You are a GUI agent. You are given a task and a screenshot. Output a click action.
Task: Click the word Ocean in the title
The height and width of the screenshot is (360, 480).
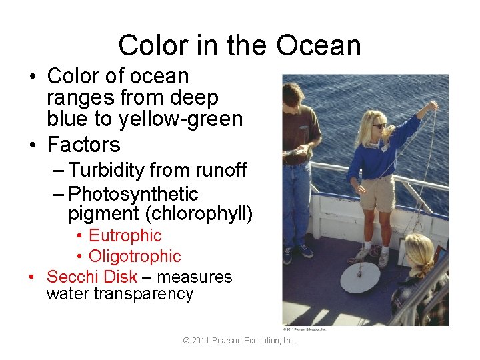(x=319, y=45)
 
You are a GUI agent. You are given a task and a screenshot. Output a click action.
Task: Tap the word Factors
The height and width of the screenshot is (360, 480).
(x=83, y=144)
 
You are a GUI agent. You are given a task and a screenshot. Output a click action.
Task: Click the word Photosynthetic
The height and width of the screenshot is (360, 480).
(x=133, y=194)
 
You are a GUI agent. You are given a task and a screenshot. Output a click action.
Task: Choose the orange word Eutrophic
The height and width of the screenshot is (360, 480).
(x=125, y=235)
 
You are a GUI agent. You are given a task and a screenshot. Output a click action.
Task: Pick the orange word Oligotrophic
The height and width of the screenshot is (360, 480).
(x=135, y=256)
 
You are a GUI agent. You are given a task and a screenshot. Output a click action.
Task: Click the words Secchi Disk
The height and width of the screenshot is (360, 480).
(x=91, y=277)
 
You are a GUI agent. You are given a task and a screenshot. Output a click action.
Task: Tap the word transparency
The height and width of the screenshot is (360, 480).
(x=119, y=294)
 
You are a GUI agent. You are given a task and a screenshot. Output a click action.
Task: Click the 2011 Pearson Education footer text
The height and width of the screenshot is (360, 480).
(x=239, y=341)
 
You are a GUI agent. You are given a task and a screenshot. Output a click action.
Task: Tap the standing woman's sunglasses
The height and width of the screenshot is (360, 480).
(x=378, y=125)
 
